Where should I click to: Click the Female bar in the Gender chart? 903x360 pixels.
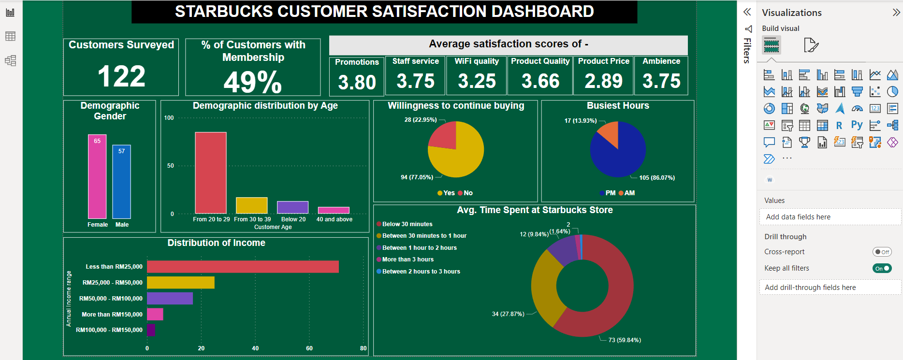point(97,179)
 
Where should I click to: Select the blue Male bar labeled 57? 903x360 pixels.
point(121,184)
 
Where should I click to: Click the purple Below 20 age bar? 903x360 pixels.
point(292,207)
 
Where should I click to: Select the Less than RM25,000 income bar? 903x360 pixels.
point(243,267)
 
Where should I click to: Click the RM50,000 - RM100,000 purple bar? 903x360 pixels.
point(170,298)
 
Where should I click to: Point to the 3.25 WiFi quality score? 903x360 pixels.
point(477,81)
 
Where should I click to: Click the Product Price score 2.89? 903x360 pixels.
point(603,81)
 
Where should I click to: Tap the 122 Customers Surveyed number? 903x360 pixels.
point(121,76)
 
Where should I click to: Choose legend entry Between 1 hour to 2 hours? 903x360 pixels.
point(419,248)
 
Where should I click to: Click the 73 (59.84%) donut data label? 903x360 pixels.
point(625,340)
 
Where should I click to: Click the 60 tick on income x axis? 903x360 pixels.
point(309,348)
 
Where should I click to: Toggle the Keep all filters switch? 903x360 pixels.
point(882,268)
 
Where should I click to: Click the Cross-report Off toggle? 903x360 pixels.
point(882,252)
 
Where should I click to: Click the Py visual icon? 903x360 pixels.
point(857,125)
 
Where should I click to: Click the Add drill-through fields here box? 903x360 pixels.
point(830,288)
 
